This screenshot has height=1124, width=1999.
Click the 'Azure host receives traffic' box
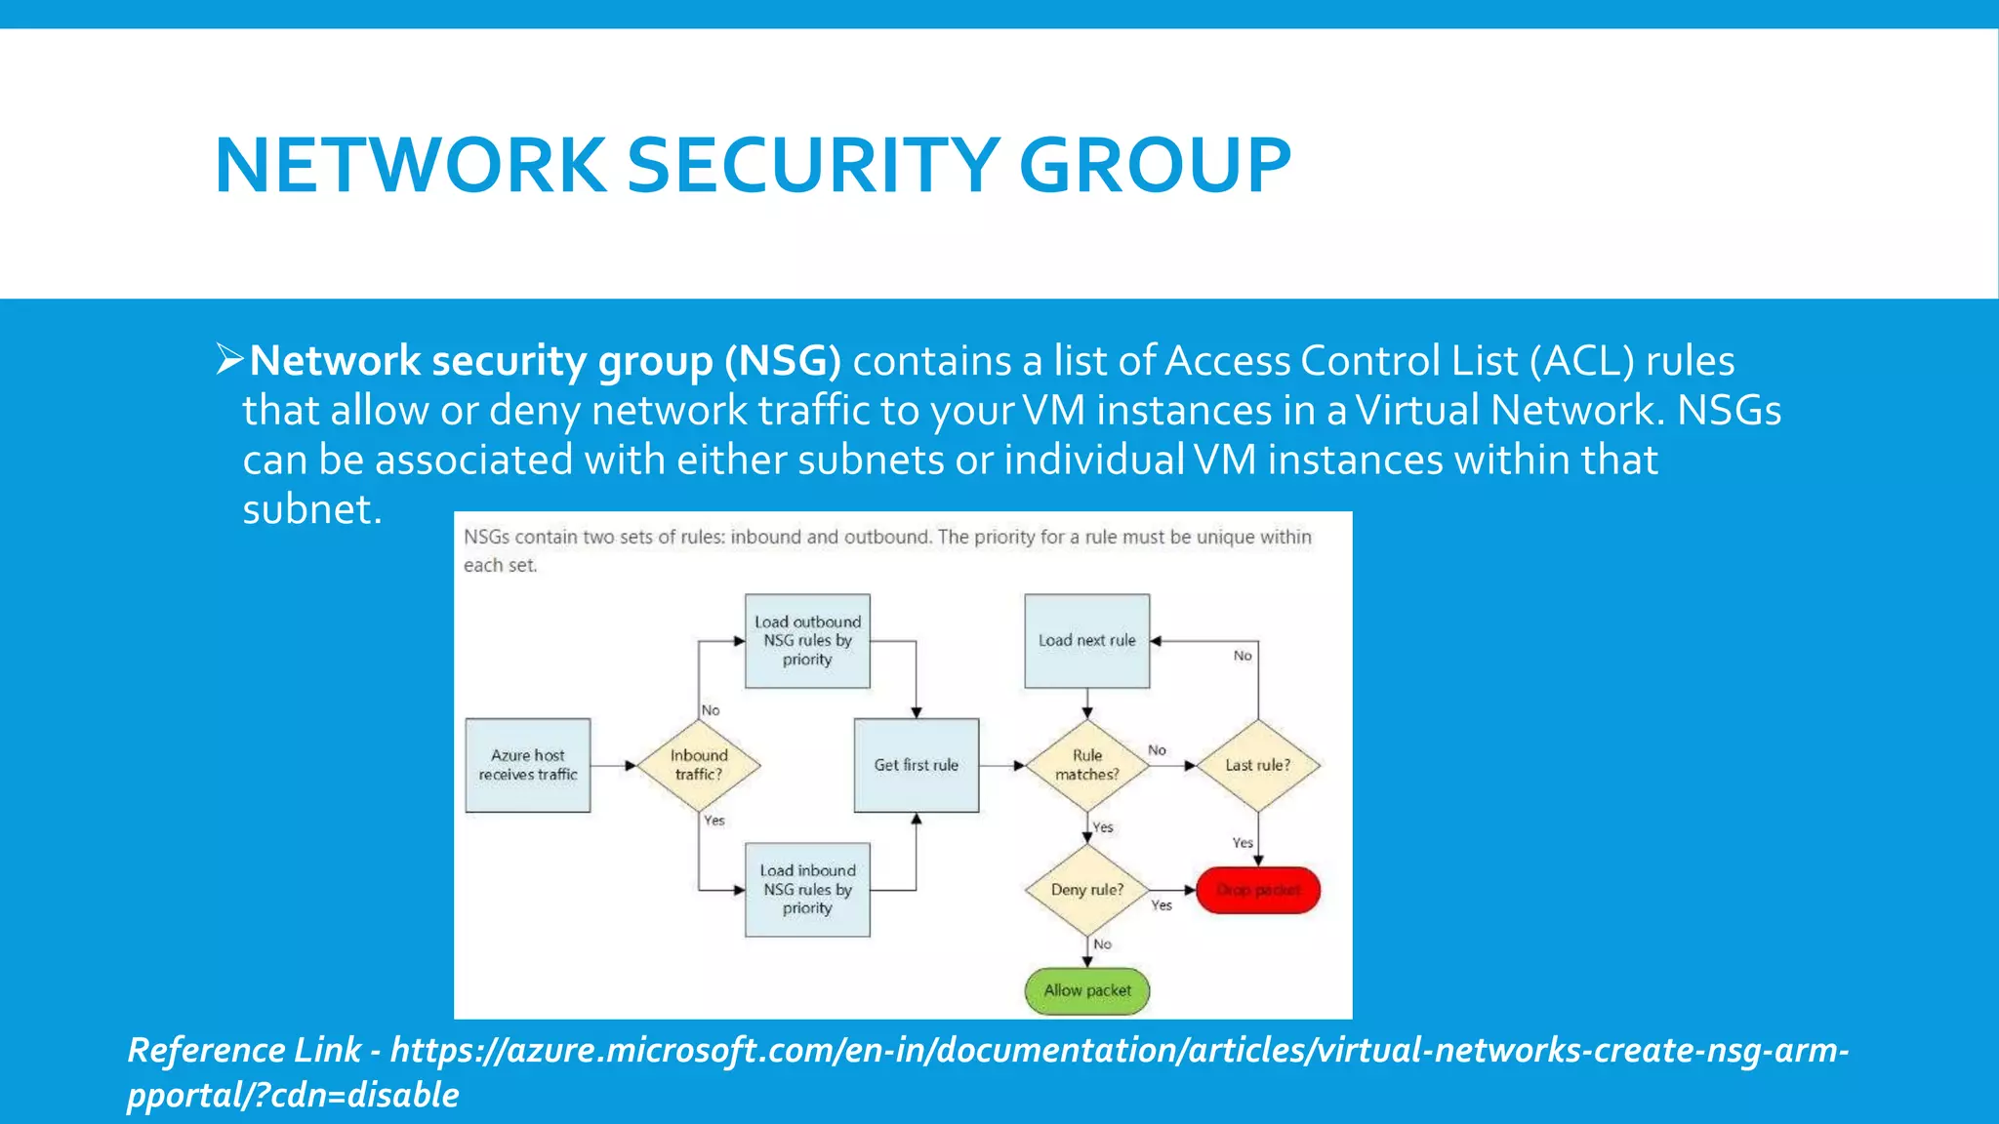pos(527,765)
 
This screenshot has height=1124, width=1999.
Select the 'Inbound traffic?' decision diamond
pos(699,765)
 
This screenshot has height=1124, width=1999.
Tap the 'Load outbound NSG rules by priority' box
pos(807,641)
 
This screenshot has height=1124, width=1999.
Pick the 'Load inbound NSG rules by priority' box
pos(807,889)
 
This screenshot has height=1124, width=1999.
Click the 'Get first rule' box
pos(916,765)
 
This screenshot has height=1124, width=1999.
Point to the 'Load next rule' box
pos(1086,641)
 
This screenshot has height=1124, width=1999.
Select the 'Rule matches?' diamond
pos(1086,765)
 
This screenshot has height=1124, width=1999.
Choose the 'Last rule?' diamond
pos(1257,765)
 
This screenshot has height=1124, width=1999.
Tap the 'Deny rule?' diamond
pos(1086,890)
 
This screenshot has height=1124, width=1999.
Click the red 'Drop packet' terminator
pos(1257,890)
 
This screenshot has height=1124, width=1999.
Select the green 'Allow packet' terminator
pos(1086,990)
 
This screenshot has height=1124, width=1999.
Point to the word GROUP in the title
pos(1155,165)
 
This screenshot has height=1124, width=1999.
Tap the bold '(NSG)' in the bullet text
pos(782,361)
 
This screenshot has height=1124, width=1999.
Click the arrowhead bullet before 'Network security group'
pos(229,359)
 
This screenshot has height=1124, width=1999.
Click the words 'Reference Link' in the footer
pos(244,1050)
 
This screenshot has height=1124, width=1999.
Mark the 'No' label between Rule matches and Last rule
pos(1157,750)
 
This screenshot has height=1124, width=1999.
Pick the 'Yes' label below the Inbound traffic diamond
pos(714,821)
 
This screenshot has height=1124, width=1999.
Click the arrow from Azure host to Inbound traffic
pos(613,766)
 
